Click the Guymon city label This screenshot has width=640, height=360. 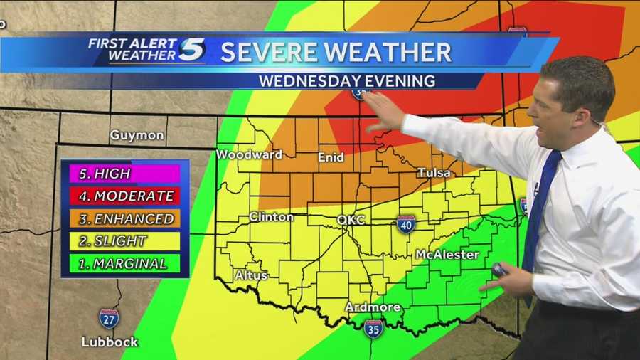tap(137, 134)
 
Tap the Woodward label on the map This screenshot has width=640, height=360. tap(249, 154)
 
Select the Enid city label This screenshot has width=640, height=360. tap(331, 157)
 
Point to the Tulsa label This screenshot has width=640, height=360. tap(434, 173)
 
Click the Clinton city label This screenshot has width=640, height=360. tap(271, 217)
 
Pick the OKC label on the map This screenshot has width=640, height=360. tap(351, 220)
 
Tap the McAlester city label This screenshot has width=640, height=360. tap(447, 254)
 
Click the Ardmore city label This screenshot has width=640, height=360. tap(373, 307)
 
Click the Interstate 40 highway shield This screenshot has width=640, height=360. tap(406, 224)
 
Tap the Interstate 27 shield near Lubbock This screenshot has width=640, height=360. tap(109, 318)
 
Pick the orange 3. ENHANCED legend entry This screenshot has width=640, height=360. tap(124, 218)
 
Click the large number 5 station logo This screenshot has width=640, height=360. tap(192, 50)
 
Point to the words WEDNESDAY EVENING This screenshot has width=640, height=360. tap(347, 80)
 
